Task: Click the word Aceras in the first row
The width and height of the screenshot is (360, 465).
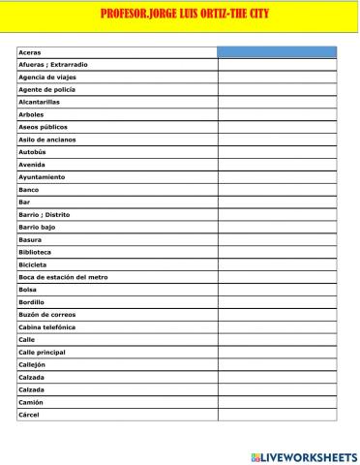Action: click(30, 51)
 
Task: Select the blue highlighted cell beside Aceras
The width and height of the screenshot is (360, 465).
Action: click(277, 51)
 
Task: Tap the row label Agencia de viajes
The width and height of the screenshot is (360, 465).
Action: click(47, 77)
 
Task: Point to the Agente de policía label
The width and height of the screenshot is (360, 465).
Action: click(46, 89)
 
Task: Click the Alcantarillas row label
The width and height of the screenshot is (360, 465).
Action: click(39, 102)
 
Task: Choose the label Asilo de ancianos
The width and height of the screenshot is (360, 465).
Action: click(46, 139)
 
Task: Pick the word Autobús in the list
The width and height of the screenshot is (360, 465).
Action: click(33, 152)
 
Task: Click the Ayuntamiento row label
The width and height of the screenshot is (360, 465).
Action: click(42, 177)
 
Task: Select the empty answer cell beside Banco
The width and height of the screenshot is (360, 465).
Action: click(277, 190)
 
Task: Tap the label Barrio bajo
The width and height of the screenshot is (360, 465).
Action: click(38, 227)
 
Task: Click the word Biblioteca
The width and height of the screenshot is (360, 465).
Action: click(35, 252)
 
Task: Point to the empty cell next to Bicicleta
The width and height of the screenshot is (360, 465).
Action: click(277, 264)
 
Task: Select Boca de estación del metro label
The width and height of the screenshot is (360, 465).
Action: click(63, 277)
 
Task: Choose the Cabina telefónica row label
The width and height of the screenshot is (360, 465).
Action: click(48, 327)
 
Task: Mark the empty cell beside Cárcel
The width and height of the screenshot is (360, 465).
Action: click(277, 415)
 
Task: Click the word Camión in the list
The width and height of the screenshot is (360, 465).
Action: click(31, 402)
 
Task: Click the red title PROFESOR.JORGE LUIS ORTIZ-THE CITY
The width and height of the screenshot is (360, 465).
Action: click(185, 15)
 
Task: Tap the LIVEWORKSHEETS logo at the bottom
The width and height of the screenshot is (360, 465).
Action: click(304, 456)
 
